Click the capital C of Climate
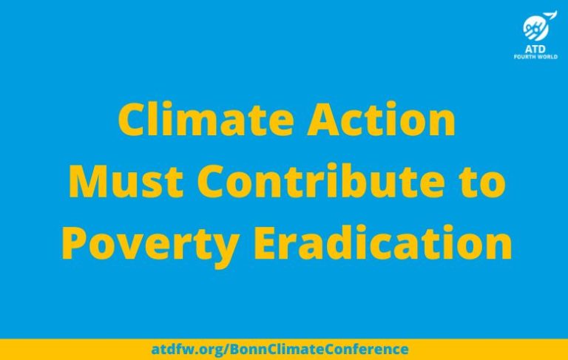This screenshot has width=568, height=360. [132, 120]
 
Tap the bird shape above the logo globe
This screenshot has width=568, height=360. [550, 15]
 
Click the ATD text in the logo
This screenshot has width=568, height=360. [535, 47]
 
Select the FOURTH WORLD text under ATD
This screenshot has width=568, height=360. [535, 56]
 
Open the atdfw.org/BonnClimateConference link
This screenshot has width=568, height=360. [280, 349]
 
